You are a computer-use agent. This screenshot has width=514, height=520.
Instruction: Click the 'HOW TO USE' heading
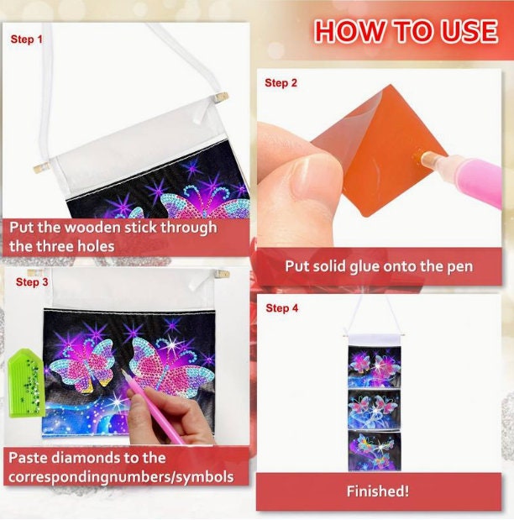point(406,32)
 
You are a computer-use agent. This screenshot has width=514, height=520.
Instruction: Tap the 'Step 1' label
point(27,39)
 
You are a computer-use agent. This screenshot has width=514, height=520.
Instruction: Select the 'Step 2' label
point(281,83)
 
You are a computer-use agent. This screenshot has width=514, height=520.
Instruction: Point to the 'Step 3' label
point(32,282)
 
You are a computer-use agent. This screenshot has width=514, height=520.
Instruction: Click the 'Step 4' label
point(282,308)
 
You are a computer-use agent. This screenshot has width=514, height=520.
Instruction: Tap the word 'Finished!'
point(378,491)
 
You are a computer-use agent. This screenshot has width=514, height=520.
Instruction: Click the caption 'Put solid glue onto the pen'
point(379,266)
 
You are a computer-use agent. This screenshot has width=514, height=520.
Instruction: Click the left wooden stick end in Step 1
point(42,166)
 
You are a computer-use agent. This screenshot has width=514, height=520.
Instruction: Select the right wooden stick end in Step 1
point(221,97)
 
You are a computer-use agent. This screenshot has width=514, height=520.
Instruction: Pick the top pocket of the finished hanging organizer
point(375,367)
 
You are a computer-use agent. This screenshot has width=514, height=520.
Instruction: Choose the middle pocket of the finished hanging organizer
point(375,411)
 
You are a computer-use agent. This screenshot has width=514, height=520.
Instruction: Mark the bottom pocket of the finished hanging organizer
point(375,451)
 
